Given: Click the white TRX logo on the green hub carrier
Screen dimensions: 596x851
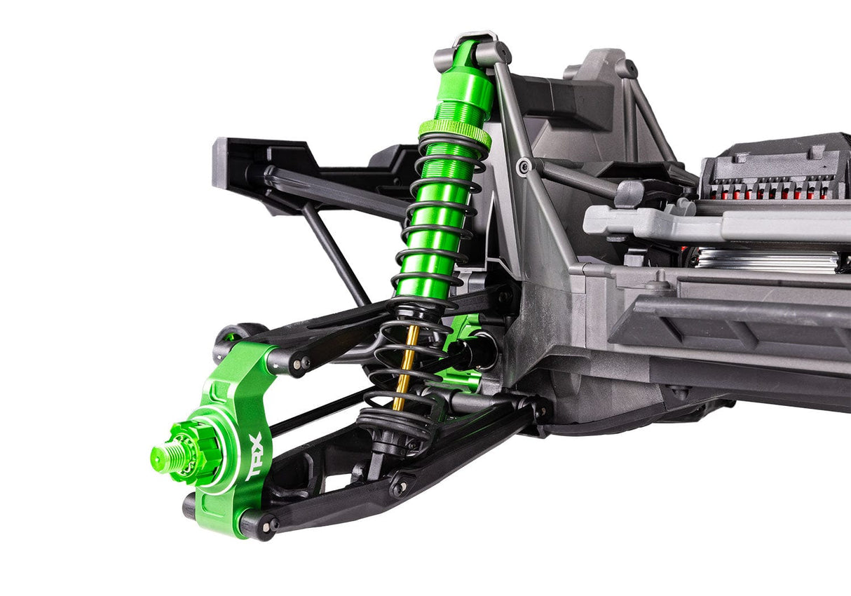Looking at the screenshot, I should click(254, 456).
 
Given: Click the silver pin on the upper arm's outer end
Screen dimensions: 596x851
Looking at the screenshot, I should click(301, 363).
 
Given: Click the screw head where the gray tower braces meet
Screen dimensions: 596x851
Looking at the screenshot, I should click(524, 166).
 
